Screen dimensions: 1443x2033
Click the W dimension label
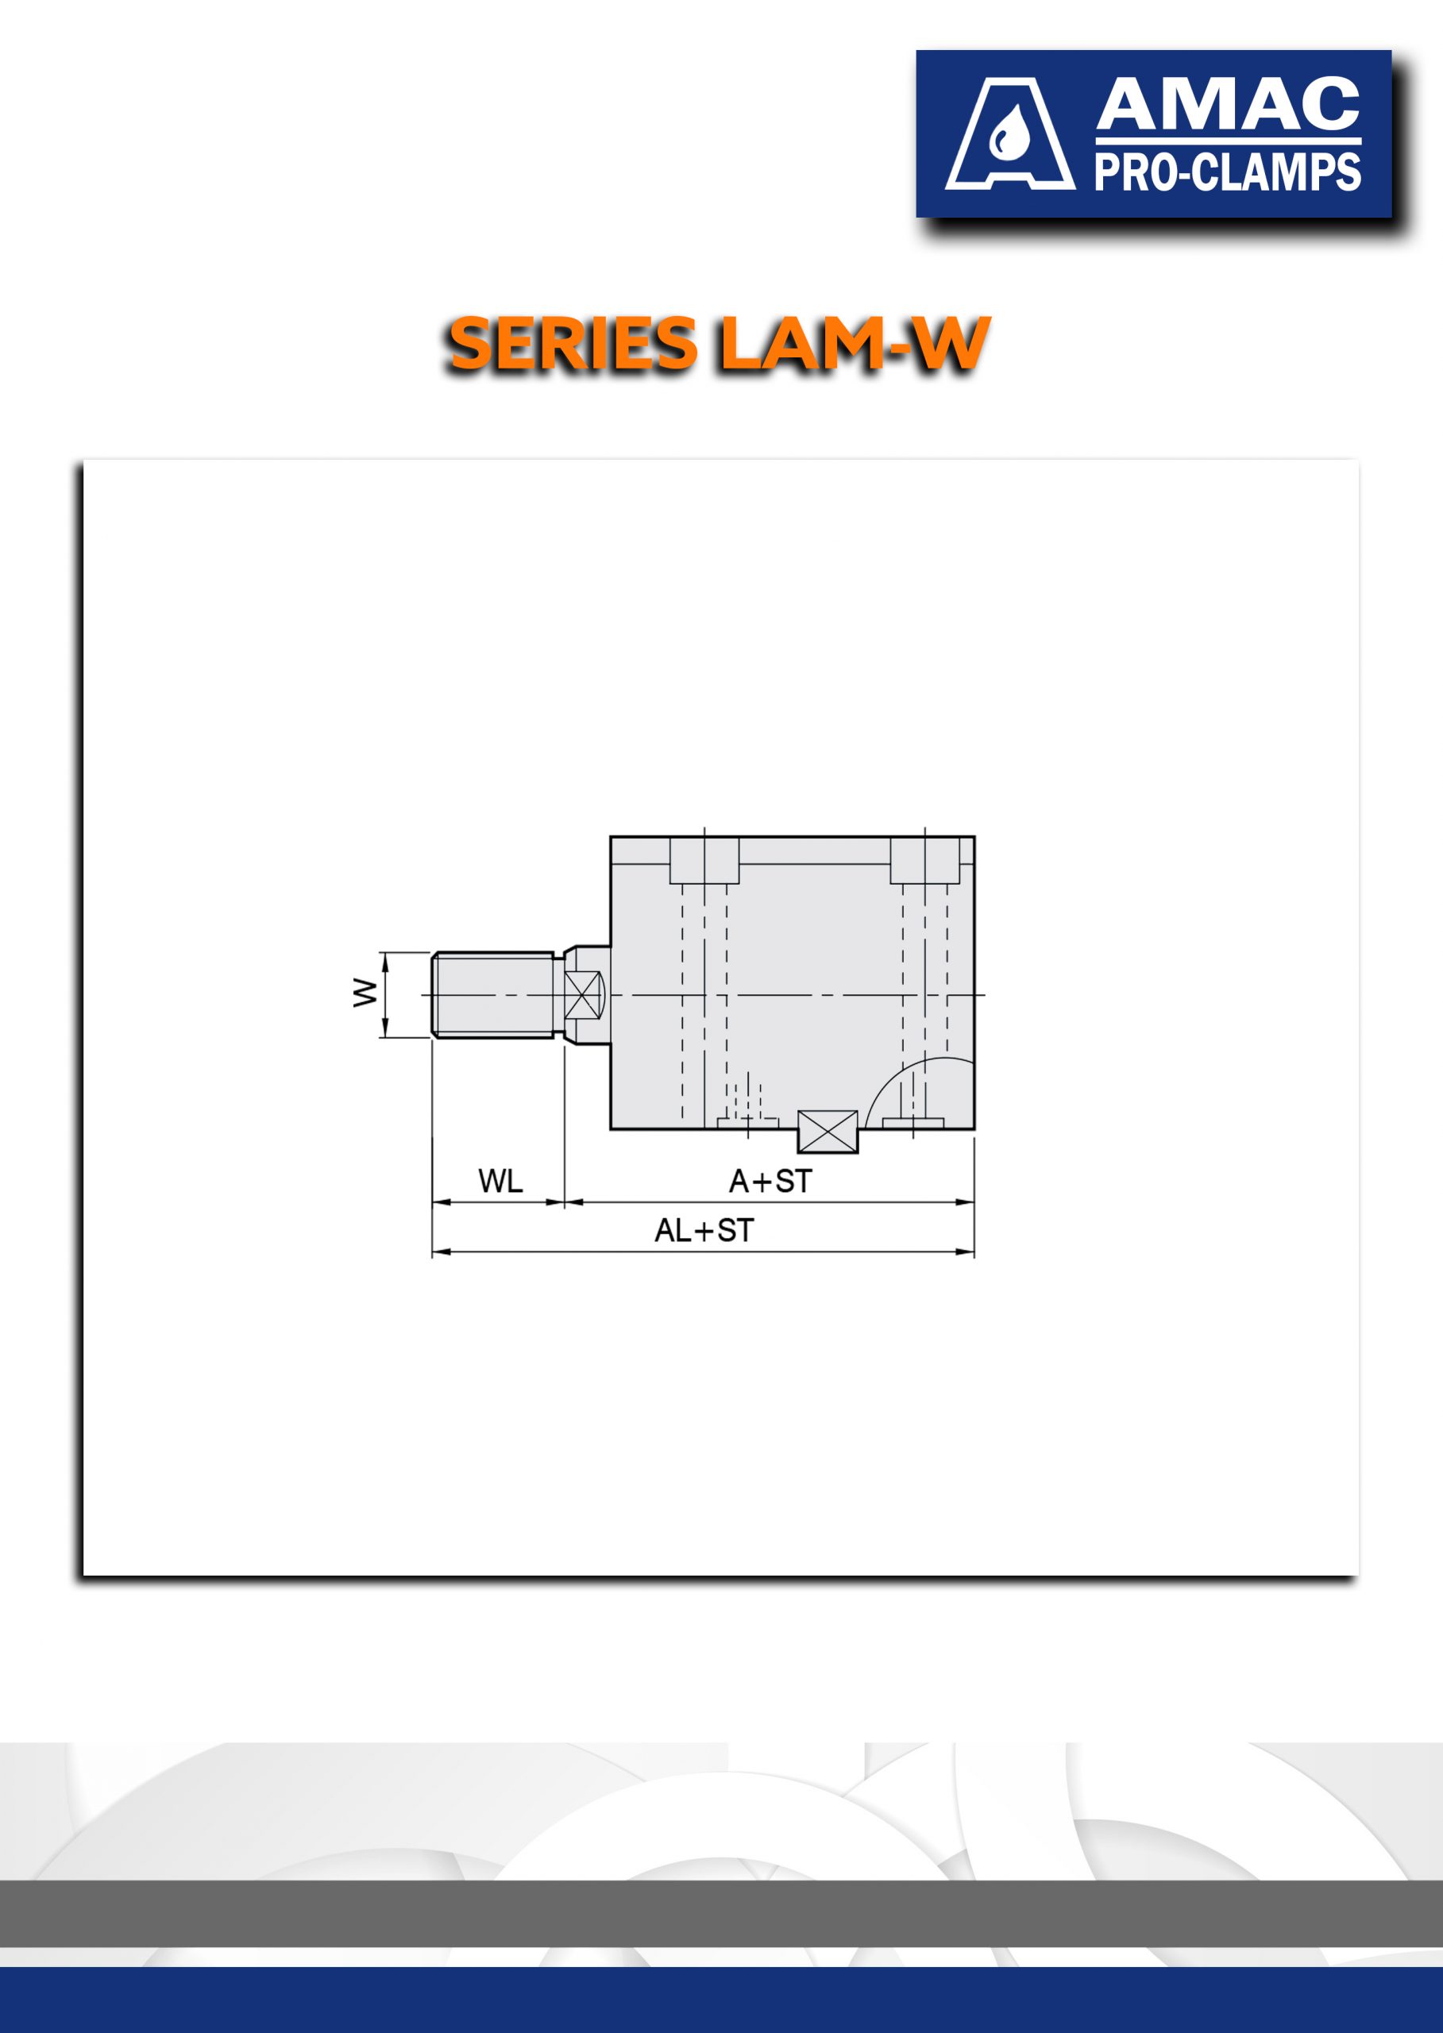365,993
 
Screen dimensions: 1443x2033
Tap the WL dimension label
500,1181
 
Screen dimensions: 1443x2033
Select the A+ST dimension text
770,1181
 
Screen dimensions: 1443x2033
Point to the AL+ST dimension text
704,1231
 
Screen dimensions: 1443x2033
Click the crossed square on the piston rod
582,995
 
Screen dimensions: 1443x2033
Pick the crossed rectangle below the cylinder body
828,1132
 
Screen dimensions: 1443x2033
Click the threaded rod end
493,994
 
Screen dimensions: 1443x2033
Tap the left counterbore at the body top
704,860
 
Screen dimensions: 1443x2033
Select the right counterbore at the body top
925,860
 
